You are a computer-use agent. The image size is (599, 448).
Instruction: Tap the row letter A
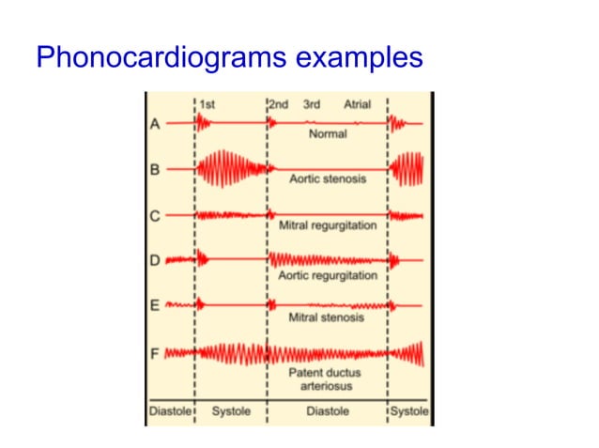pyautogui.click(x=154, y=123)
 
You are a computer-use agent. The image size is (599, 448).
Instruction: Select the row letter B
pyautogui.click(x=154, y=170)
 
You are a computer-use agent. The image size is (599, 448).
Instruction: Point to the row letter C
pyautogui.click(x=154, y=216)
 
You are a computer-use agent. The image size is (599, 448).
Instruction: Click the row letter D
pyautogui.click(x=154, y=260)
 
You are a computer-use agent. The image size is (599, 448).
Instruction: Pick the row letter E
pyautogui.click(x=154, y=305)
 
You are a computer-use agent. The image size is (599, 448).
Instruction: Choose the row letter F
pyautogui.click(x=154, y=353)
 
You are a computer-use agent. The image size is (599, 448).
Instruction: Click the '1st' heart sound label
pyautogui.click(x=207, y=104)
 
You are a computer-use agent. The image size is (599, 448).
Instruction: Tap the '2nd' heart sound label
pyautogui.click(x=279, y=104)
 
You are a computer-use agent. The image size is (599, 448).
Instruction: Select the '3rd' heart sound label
pyautogui.click(x=312, y=104)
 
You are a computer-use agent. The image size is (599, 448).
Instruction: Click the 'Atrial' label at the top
pyautogui.click(x=359, y=104)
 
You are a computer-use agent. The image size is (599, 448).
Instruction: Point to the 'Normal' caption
pyautogui.click(x=328, y=134)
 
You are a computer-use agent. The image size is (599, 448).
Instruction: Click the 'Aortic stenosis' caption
pyautogui.click(x=328, y=179)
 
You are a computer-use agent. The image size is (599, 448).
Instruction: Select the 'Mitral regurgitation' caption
pyautogui.click(x=328, y=226)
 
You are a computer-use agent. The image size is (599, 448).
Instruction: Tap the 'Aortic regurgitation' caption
pyautogui.click(x=328, y=275)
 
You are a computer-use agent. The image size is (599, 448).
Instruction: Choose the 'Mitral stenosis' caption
pyautogui.click(x=328, y=318)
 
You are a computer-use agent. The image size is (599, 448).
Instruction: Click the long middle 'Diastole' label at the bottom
pyautogui.click(x=328, y=411)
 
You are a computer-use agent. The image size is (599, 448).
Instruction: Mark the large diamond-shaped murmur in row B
pyautogui.click(x=230, y=170)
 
